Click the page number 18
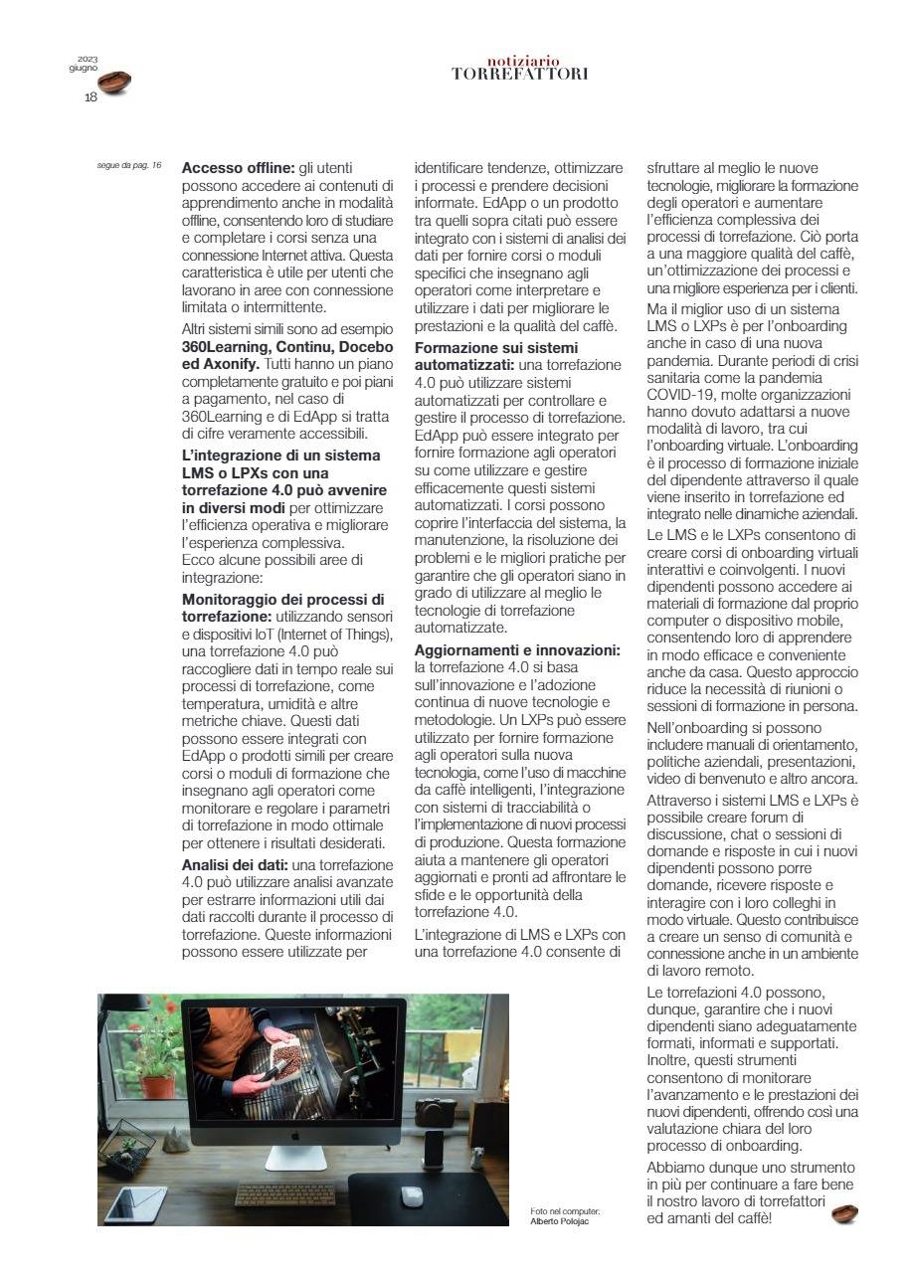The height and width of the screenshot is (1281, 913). [x=91, y=96]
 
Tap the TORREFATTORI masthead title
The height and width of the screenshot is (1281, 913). [x=519, y=74]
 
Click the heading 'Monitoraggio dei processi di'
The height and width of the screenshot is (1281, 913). [x=282, y=600]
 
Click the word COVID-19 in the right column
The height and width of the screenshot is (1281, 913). [x=683, y=394]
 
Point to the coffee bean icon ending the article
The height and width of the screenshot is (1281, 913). [x=844, y=1214]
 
